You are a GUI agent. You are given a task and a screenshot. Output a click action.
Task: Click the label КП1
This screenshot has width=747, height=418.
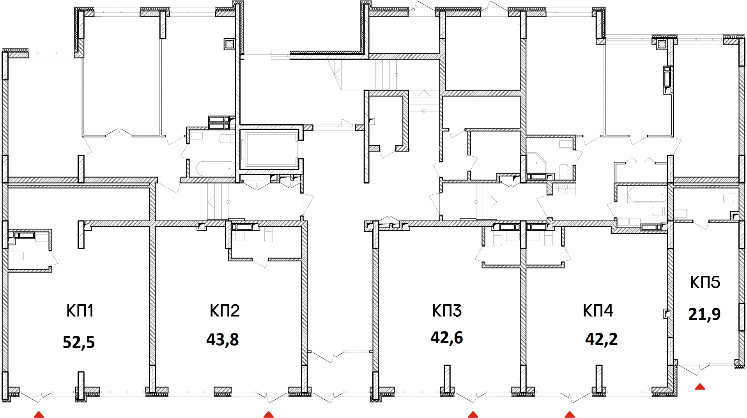click(80, 311)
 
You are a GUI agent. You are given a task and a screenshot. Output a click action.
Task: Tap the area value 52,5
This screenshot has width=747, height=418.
click(79, 342)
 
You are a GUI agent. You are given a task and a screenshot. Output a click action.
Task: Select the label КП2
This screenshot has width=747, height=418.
click(224, 311)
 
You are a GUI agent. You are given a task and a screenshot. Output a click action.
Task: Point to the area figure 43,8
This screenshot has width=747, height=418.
click(222, 339)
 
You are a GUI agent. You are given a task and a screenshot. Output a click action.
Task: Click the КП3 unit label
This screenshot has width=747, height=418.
click(446, 311)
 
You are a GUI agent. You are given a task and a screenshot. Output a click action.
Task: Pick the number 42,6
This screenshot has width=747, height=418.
click(446, 338)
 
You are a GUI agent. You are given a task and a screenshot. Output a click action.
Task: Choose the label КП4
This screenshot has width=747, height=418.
click(598, 311)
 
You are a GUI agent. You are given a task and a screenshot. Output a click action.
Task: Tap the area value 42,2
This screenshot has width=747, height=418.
click(601, 339)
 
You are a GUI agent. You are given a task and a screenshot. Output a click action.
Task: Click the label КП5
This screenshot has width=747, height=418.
click(705, 282)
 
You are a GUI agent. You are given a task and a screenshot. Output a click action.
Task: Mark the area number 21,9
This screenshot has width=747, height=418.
click(704, 314)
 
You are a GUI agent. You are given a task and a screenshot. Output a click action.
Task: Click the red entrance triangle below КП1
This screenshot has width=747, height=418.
click(39, 414)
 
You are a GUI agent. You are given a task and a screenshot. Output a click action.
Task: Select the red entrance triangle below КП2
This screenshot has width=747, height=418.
click(269, 414)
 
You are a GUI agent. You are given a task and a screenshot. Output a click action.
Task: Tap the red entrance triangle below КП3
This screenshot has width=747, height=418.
click(473, 414)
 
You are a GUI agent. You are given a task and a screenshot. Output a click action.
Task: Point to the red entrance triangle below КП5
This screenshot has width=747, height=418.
click(700, 387)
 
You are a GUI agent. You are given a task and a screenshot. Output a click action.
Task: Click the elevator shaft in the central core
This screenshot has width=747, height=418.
click(269, 149)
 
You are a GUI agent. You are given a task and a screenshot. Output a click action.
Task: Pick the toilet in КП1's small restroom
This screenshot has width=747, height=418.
click(16, 256)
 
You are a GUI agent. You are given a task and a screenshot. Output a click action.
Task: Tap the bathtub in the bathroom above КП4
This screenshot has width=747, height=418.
click(647, 195)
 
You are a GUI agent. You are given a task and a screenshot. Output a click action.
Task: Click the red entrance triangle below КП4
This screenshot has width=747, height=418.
click(570, 414)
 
